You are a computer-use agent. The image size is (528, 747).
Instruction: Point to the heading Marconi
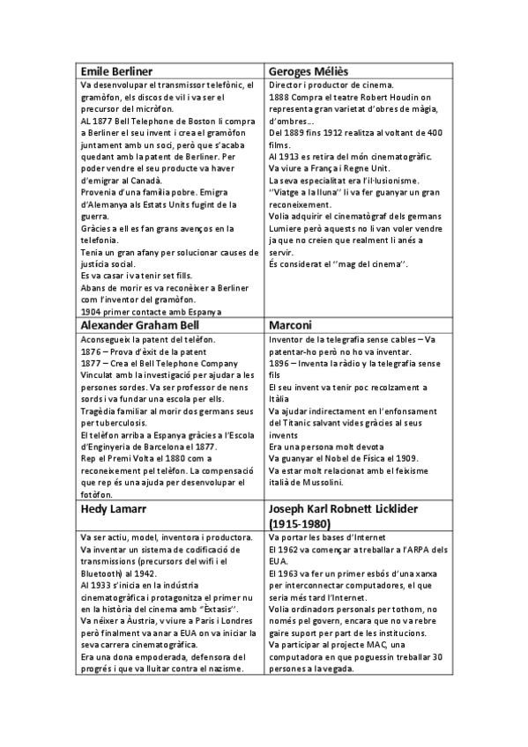(x=290, y=324)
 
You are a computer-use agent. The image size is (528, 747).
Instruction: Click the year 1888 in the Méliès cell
(x=279, y=97)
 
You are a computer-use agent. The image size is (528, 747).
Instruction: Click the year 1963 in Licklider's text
(x=289, y=574)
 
